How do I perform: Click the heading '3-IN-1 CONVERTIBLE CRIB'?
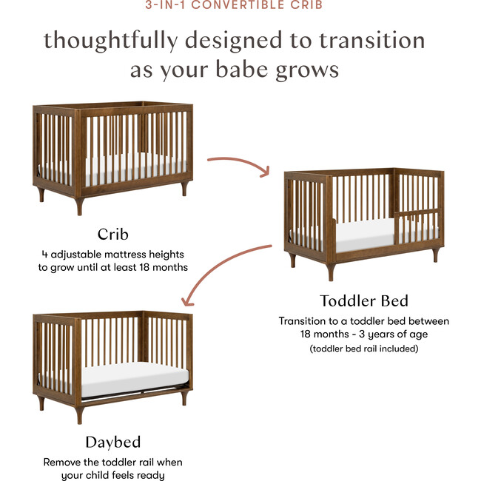point(240,5)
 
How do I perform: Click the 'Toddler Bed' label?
point(363,301)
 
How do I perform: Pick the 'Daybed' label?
point(112,443)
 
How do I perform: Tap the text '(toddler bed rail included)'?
point(364,348)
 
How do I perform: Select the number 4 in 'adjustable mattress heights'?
point(45,254)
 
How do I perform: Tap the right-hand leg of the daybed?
point(184,397)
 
